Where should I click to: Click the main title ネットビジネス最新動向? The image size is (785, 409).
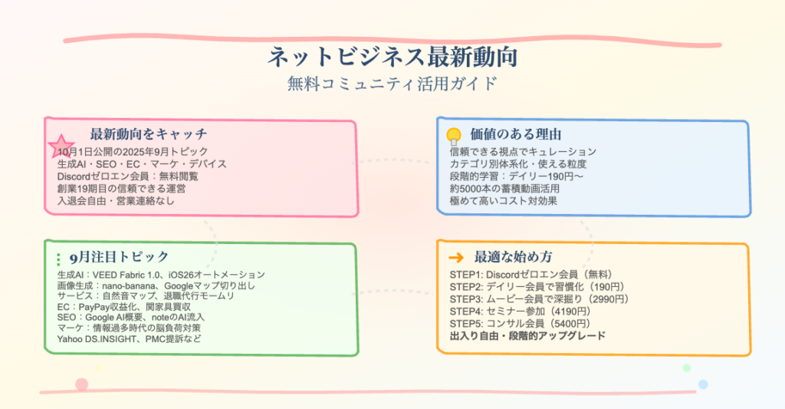(392, 58)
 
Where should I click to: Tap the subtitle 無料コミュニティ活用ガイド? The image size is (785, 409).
(392, 83)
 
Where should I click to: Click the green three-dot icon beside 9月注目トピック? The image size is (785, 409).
(59, 259)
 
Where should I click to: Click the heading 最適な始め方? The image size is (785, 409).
(514, 257)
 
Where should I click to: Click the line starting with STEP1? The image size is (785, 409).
(530, 274)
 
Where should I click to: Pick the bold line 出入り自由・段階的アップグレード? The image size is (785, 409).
(527, 335)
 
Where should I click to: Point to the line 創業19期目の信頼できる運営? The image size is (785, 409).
(122, 188)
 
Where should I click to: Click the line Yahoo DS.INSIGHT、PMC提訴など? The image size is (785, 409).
(129, 339)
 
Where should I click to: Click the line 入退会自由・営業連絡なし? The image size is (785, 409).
(116, 200)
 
